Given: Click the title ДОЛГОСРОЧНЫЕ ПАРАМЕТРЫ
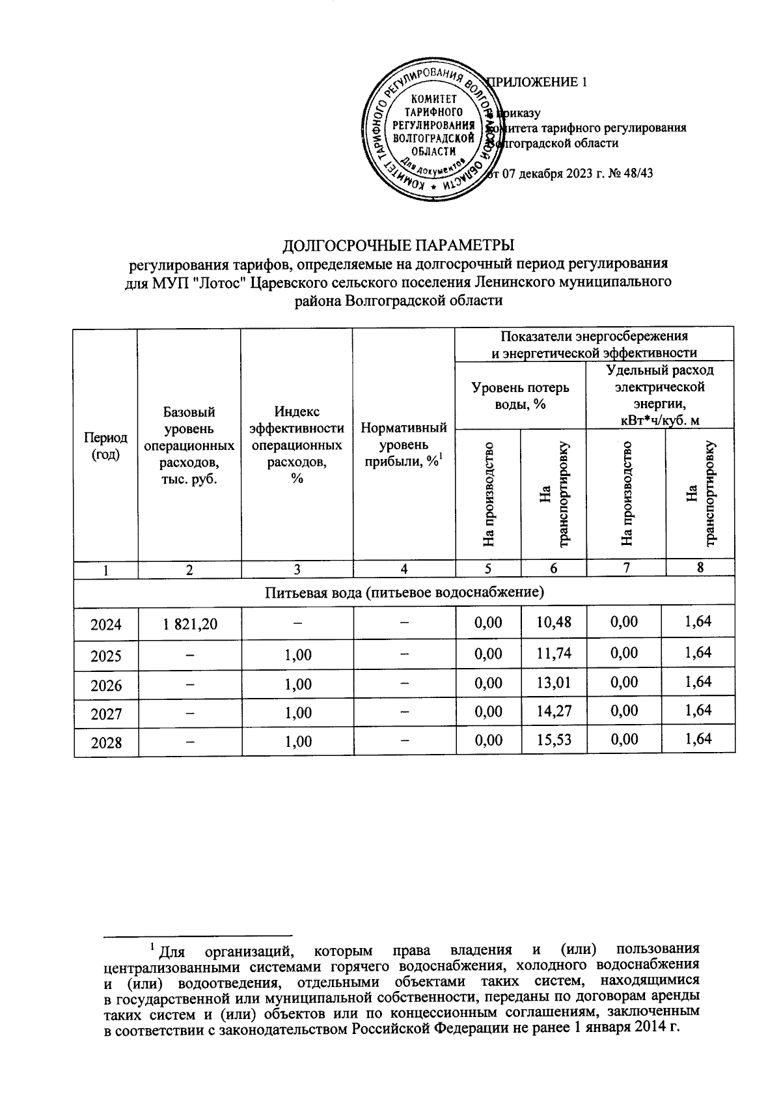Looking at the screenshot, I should [398, 245].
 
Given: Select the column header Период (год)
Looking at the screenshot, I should [105, 445].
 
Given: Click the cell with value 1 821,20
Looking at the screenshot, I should [189, 624].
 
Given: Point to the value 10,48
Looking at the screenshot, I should [553, 622].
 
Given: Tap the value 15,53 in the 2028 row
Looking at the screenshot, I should [553, 739].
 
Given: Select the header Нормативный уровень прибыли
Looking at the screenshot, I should [404, 445].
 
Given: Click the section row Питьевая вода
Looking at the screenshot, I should [404, 592].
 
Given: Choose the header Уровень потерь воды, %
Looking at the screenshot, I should [520, 395].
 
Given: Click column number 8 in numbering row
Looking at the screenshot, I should [700, 567].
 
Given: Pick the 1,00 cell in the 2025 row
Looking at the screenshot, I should [297, 655].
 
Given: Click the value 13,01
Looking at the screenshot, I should [553, 682].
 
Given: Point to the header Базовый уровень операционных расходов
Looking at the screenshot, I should [189, 445].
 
